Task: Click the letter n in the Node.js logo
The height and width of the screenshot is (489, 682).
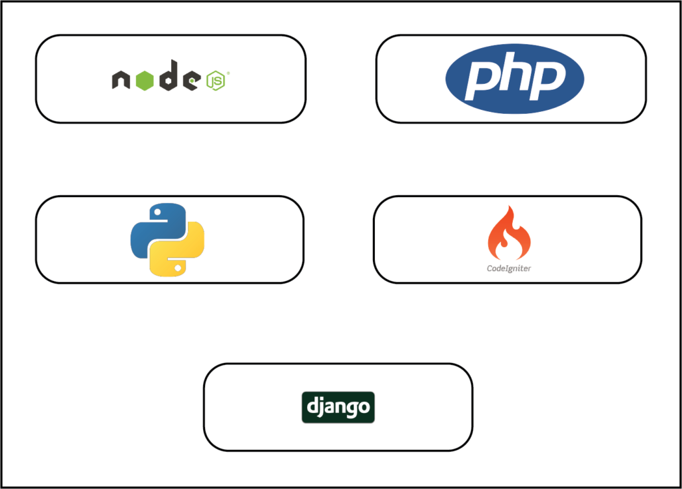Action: pos(121,80)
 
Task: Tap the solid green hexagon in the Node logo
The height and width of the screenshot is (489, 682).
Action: pos(145,79)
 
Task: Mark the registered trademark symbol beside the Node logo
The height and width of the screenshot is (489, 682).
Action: pos(228,73)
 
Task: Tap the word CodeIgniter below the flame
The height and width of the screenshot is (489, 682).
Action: pos(509,268)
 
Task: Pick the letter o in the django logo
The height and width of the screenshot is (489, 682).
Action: pos(364,408)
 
